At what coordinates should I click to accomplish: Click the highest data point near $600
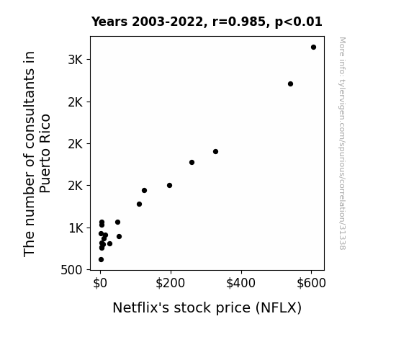pyautogui.click(x=313, y=48)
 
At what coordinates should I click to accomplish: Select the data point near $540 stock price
pyautogui.click(x=290, y=84)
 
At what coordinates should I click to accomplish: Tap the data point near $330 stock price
pyautogui.click(x=215, y=152)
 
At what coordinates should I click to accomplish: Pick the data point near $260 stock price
pyautogui.click(x=192, y=163)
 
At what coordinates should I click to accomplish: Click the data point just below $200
pyautogui.click(x=169, y=186)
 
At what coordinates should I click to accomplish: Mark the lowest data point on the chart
pyautogui.click(x=101, y=260)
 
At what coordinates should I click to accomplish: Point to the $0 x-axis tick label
pyautogui.click(x=100, y=283)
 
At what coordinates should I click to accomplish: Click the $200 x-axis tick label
pyautogui.click(x=171, y=283)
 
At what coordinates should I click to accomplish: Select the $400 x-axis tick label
pyautogui.click(x=240, y=283)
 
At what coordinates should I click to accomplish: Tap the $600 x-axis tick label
pyautogui.click(x=311, y=283)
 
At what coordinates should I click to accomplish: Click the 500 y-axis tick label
pyautogui.click(x=71, y=270)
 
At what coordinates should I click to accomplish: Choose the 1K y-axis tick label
pyautogui.click(x=76, y=228)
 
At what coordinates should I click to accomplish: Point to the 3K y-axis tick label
pyautogui.click(x=76, y=60)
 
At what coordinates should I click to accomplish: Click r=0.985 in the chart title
pyautogui.click(x=239, y=22)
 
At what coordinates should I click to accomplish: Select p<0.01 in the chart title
pyautogui.click(x=299, y=22)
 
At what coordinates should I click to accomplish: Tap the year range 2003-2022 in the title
pyautogui.click(x=167, y=22)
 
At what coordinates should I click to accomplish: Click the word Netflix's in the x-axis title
pyautogui.click(x=140, y=307)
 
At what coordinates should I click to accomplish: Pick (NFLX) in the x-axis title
pyautogui.click(x=279, y=308)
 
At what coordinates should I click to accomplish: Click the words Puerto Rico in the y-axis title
pyautogui.click(x=45, y=153)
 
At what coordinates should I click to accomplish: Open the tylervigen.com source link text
pyautogui.click(x=342, y=143)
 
